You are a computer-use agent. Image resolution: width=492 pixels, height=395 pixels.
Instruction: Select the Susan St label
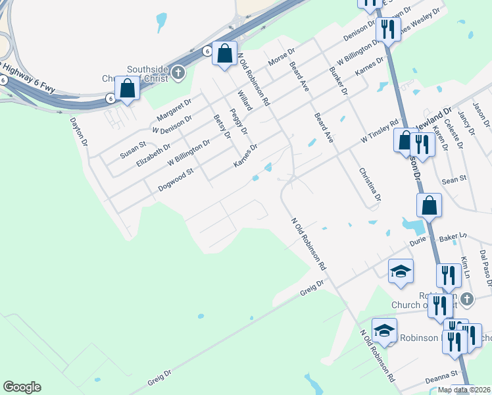[132, 149]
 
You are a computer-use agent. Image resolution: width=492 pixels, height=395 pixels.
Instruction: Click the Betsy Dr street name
[222, 126]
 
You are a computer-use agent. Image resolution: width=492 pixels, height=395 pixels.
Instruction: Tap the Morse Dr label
[282, 57]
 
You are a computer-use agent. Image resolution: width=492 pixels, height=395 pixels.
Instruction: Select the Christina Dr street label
[370, 184]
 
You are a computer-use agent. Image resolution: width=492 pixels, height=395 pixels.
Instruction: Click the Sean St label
[454, 178]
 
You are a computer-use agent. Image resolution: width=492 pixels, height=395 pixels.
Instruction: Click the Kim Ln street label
[466, 267]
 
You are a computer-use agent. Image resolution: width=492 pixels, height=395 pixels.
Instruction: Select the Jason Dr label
[481, 115]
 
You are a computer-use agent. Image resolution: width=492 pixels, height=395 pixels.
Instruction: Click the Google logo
[22, 387]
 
